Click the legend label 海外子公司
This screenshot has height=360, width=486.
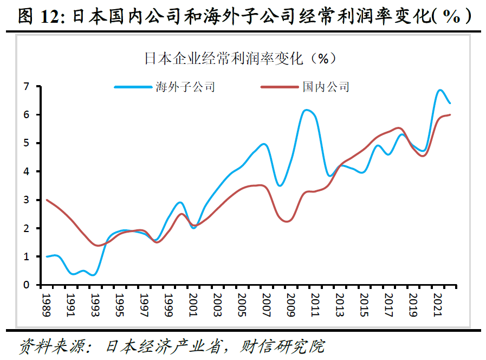[x=185, y=87]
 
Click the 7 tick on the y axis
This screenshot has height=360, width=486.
[x=25, y=86]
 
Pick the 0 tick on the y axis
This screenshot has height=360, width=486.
[x=25, y=285]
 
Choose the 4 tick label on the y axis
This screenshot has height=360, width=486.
[x=25, y=171]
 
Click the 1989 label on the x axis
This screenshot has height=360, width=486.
[x=47, y=302]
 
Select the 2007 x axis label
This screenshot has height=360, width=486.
[x=266, y=302]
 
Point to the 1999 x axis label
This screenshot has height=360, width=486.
[x=169, y=302]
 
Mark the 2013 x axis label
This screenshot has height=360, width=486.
[x=339, y=302]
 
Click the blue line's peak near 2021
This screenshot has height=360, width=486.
[x=440, y=90]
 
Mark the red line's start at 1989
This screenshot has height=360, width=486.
[x=47, y=200]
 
